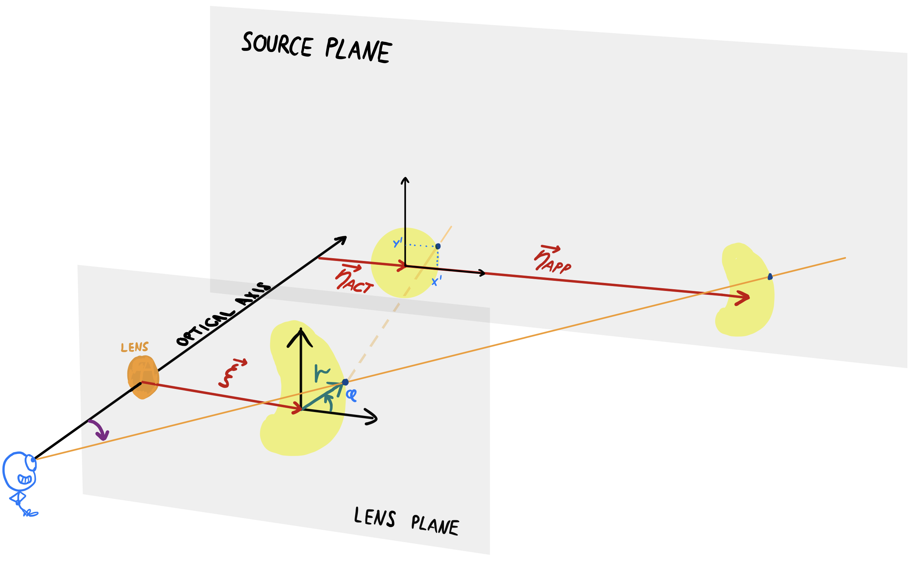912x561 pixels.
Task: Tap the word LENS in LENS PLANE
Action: pyautogui.click(x=375, y=516)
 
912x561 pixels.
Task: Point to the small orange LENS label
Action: pyautogui.click(x=134, y=347)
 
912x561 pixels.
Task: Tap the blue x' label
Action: pyautogui.click(x=436, y=281)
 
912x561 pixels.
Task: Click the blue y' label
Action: pyautogui.click(x=398, y=243)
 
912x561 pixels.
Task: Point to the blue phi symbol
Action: pyautogui.click(x=351, y=395)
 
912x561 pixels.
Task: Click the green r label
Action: pyautogui.click(x=321, y=373)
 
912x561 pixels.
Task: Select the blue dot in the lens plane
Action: pyautogui.click(x=345, y=382)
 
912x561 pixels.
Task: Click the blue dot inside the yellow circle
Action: pyautogui.click(x=438, y=246)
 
